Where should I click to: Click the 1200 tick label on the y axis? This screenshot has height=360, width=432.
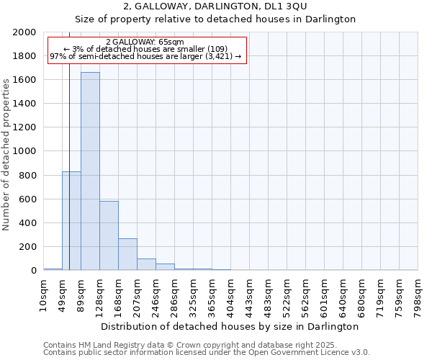(x=25, y=127)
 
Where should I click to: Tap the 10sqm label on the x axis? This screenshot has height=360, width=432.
(x=44, y=294)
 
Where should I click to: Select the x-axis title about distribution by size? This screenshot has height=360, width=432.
(x=230, y=326)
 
